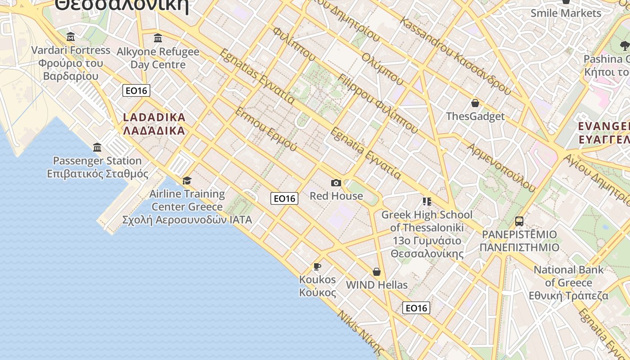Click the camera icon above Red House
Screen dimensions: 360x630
pyautogui.click(x=336, y=183)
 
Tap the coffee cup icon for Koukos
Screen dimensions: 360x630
pyautogui.click(x=317, y=266)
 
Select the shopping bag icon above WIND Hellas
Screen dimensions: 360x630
pyautogui.click(x=377, y=272)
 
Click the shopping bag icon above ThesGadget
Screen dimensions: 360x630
pyautogui.click(x=475, y=103)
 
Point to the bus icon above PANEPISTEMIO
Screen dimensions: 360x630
pyautogui.click(x=519, y=221)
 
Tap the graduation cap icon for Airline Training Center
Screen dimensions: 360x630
pyautogui.click(x=187, y=180)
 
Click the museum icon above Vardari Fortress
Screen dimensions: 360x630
pyautogui.click(x=71, y=36)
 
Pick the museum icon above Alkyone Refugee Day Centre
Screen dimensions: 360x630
pyautogui.click(x=157, y=38)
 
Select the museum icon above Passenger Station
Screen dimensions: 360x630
pyautogui.click(x=97, y=147)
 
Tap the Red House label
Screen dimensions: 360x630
pyautogui.click(x=336, y=196)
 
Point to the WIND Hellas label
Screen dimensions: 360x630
pyautogui.click(x=377, y=285)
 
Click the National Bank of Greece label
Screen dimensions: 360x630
pyautogui.click(x=568, y=283)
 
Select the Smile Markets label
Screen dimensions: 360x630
pyautogui.click(x=566, y=13)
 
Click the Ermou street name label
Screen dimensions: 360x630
pyautogui.click(x=265, y=129)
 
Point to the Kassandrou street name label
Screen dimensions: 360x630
pyautogui.click(x=455, y=56)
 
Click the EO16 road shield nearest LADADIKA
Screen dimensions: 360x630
pyautogui.click(x=136, y=90)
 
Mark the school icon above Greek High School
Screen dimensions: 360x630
pyautogui.click(x=427, y=201)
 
